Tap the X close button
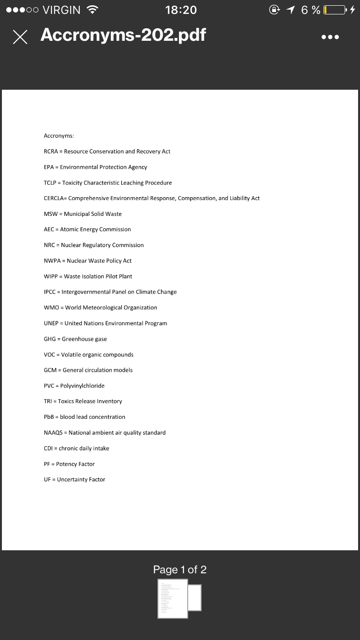pos(20,37)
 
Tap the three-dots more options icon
pos(331,37)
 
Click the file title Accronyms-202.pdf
pos(123,35)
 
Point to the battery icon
pos(335,10)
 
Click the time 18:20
pos(180,10)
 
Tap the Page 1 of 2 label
pos(180,569)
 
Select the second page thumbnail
pos(195,597)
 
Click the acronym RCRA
pos(50,152)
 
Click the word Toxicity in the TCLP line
pos(73,183)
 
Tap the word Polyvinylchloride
pos(82,386)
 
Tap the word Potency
pos(66,464)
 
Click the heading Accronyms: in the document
pos(59,136)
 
